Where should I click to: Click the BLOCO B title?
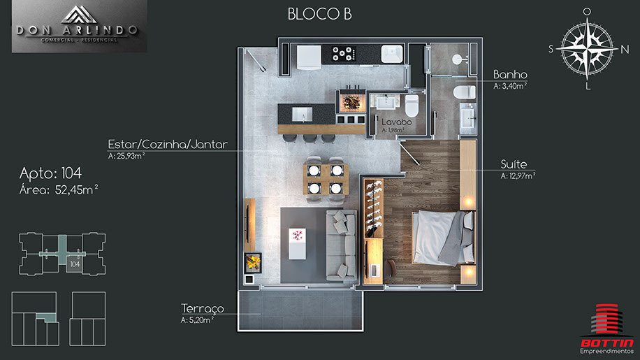(319, 14)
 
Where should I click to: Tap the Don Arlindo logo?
(79, 26)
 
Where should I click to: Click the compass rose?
(587, 48)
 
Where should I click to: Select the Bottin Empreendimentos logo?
(607, 329)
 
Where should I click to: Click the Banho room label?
(510, 75)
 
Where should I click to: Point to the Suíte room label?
(514, 164)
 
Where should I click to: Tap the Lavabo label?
(397, 122)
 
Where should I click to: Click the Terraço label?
(203, 308)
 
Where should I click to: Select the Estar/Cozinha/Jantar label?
(168, 144)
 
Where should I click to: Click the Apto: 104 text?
(50, 173)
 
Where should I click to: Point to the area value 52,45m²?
(76, 189)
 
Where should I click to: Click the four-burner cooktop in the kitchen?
(342, 54)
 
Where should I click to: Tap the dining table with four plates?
(326, 179)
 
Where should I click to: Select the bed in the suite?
(444, 238)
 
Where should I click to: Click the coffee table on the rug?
(297, 244)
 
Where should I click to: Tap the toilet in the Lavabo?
(411, 106)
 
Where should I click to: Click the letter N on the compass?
(625, 50)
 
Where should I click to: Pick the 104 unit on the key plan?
(75, 264)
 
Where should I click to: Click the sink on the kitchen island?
(302, 114)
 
